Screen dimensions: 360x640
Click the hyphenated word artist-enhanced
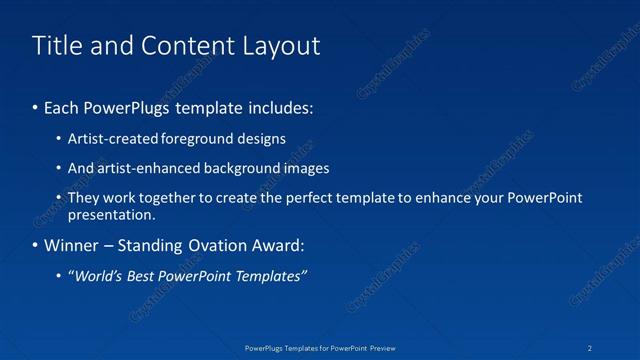click(x=146, y=168)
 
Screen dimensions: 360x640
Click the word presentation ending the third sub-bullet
click(x=110, y=214)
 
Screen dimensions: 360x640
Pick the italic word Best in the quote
click(x=138, y=276)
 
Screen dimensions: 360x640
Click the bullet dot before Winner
click(x=36, y=246)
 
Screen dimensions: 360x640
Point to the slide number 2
click(x=591, y=349)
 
